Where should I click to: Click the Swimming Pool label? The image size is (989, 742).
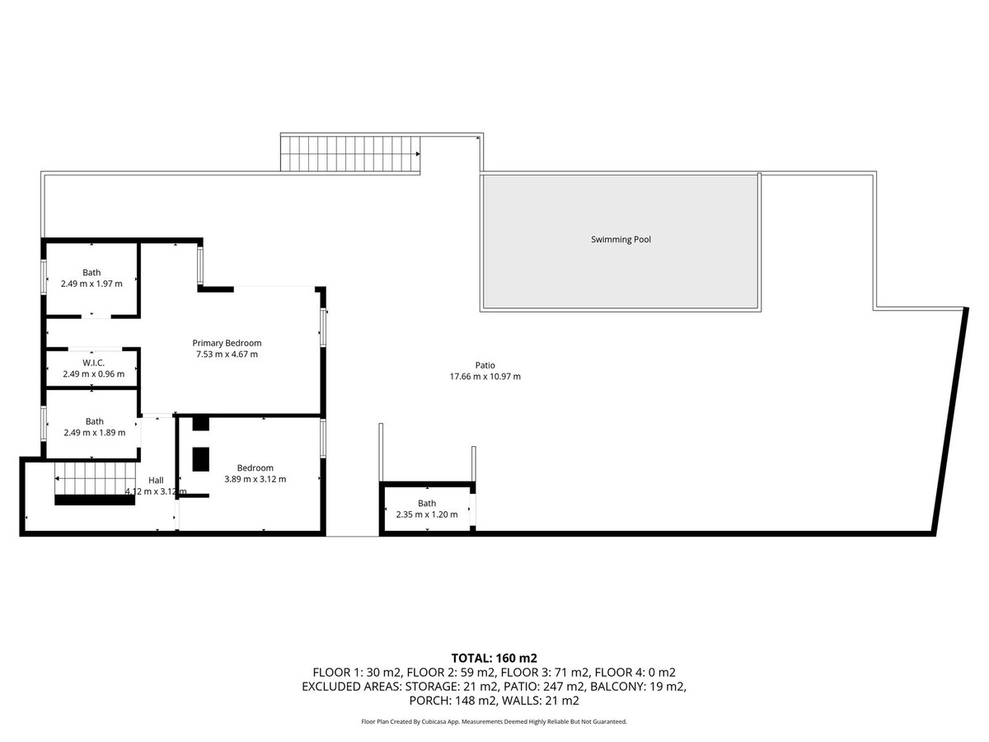coord(621,239)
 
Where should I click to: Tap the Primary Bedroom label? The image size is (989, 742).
coord(227,343)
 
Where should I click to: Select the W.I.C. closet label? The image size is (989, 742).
coord(93,363)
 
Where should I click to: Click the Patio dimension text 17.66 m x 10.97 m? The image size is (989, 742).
coord(485,376)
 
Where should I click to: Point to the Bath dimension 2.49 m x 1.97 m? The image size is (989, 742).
coord(91,284)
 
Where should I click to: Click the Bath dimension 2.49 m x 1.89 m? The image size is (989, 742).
coord(94,433)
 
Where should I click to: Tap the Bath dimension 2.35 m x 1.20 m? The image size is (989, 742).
coord(427,514)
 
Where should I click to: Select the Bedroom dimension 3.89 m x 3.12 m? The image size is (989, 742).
coord(255,479)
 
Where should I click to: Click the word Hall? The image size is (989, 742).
coord(156,481)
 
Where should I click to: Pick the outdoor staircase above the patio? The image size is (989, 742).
coord(350,153)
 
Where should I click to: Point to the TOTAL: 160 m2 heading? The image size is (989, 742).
coord(494,658)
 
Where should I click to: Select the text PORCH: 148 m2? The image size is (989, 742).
coord(454,701)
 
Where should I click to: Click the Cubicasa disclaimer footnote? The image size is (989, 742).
coord(494,721)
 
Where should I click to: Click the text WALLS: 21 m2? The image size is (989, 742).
coord(540,701)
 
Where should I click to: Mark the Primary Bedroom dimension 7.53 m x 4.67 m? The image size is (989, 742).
coord(227,355)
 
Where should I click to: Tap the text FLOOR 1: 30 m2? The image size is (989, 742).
coord(357,673)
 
